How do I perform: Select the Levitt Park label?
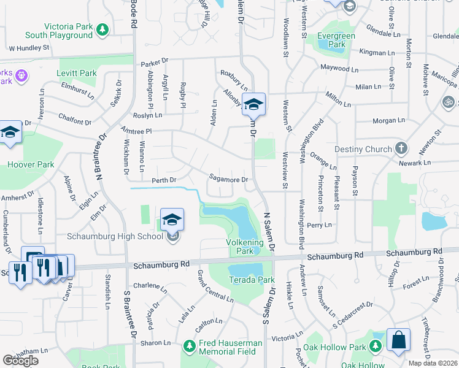tap(77, 73)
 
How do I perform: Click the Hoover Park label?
tap(31, 164)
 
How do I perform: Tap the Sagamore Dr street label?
tap(228, 179)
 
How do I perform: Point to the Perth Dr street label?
tap(164, 180)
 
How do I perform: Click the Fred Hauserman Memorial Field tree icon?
tap(189, 347)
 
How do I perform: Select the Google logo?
tap(21, 360)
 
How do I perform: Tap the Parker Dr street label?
tap(153, 62)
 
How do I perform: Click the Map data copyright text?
tap(433, 363)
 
